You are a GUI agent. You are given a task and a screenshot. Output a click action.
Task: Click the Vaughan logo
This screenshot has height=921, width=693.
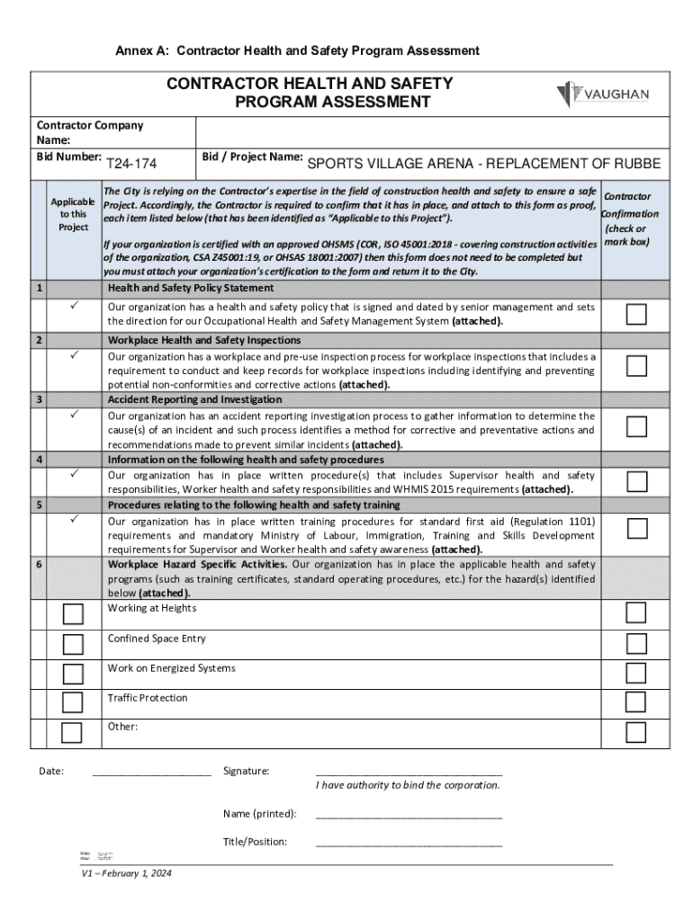(602, 94)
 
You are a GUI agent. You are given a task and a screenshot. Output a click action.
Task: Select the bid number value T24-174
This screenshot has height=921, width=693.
(131, 165)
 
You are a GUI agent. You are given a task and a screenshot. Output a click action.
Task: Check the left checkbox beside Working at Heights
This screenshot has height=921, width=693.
(72, 614)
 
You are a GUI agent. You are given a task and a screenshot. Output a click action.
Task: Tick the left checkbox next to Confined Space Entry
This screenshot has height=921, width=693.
(72, 644)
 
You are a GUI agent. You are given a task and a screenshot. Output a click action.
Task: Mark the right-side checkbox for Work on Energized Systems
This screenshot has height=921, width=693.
(636, 673)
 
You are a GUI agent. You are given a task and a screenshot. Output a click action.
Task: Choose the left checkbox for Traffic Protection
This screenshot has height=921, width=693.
(72, 702)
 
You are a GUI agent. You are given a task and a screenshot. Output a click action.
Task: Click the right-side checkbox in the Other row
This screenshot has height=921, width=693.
(636, 731)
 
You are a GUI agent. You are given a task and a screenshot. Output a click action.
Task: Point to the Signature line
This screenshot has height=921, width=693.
(409, 772)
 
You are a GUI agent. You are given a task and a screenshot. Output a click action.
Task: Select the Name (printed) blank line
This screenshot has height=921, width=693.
(409, 815)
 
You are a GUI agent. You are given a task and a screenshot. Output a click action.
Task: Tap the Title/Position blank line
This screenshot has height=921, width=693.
(409, 843)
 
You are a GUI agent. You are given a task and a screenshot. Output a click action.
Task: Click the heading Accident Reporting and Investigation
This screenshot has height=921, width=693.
(194, 399)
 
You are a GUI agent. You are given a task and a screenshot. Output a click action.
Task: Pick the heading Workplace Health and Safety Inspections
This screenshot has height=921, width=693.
(204, 340)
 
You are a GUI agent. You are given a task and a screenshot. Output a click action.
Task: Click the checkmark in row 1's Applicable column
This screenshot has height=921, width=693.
(73, 308)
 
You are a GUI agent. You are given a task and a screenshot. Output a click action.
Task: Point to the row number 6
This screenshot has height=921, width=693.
(38, 565)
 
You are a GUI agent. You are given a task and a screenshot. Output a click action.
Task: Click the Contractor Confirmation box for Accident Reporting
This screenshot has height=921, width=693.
(636, 425)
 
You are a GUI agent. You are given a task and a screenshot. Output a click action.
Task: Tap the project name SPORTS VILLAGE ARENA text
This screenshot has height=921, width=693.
(483, 164)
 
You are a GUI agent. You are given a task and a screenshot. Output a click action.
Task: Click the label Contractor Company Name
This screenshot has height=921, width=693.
(89, 132)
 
